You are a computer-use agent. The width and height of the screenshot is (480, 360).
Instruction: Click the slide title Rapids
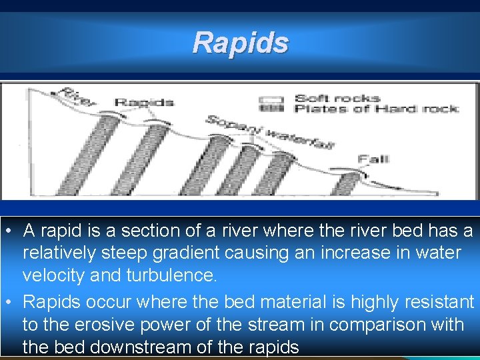pyautogui.click(x=240, y=43)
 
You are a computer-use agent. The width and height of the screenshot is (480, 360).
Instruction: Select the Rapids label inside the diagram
pyautogui.click(x=144, y=103)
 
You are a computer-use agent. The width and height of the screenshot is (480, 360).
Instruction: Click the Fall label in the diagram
pyautogui.click(x=373, y=159)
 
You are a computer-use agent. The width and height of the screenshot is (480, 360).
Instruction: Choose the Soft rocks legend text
pyautogui.click(x=337, y=99)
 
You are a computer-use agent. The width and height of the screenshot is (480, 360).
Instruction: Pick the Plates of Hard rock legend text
pyautogui.click(x=377, y=109)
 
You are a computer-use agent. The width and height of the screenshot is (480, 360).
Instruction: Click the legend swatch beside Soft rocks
pyautogui.click(x=271, y=99)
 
